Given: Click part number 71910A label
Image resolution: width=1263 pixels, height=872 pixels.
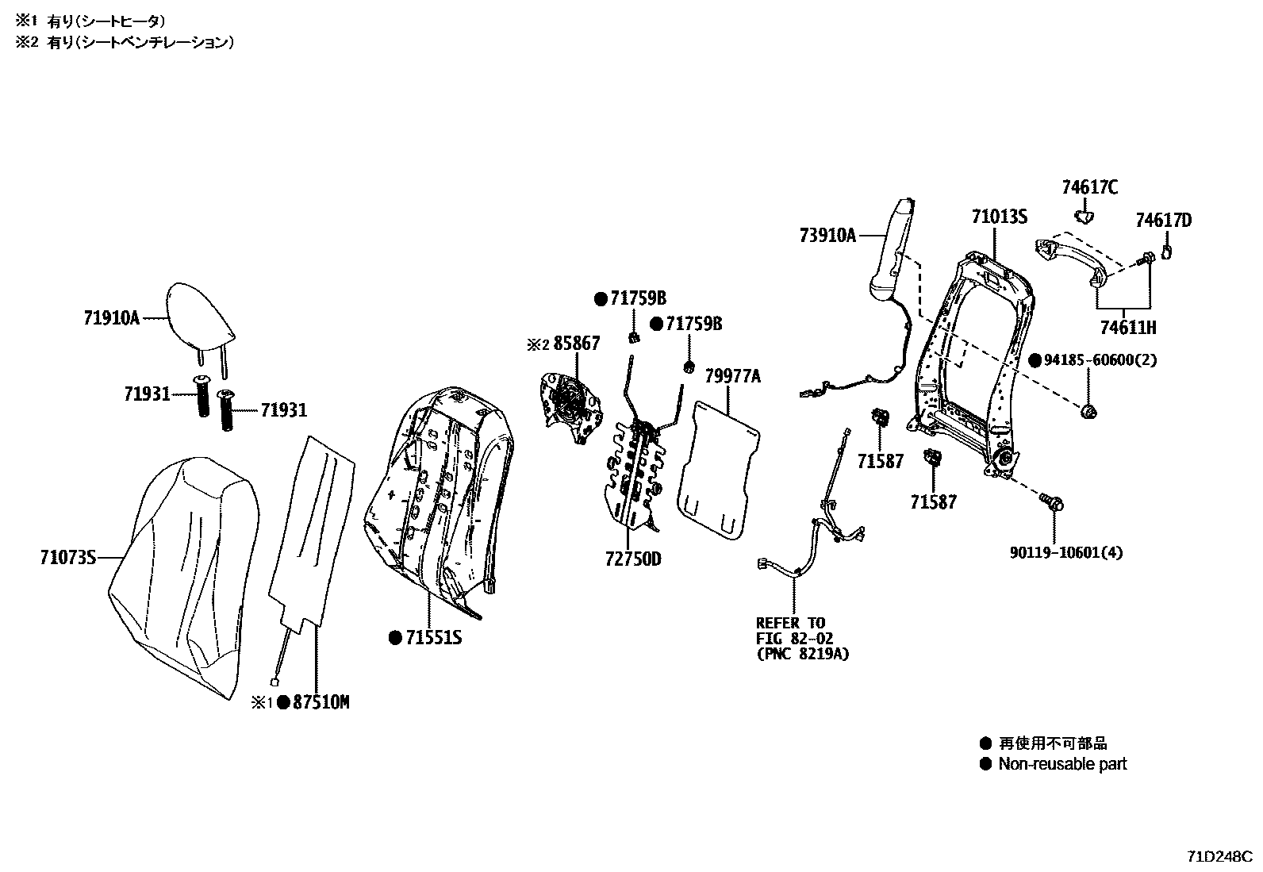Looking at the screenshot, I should pyautogui.click(x=111, y=318).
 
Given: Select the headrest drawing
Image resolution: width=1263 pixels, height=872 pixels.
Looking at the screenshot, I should pyautogui.click(x=201, y=316).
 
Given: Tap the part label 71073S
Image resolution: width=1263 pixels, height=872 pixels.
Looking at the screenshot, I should pyautogui.click(x=67, y=558).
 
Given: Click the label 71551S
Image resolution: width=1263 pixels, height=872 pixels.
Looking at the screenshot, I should pyautogui.click(x=433, y=637).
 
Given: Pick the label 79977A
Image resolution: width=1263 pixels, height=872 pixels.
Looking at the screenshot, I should pyautogui.click(x=732, y=376).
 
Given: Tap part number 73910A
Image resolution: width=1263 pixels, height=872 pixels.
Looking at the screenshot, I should pyautogui.click(x=827, y=235).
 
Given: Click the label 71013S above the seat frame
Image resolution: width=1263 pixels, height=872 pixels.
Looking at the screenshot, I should pyautogui.click(x=999, y=217).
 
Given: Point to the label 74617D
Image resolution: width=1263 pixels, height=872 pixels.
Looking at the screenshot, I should pyautogui.click(x=1163, y=220).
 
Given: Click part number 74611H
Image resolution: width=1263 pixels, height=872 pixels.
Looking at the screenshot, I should pyautogui.click(x=1127, y=327).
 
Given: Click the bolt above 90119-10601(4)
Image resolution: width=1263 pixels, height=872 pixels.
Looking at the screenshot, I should pyautogui.click(x=1053, y=501).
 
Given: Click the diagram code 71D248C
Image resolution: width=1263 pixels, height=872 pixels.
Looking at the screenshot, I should pyautogui.click(x=1219, y=857).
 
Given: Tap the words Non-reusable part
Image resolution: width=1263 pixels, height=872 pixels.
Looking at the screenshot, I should pyautogui.click(x=1062, y=764).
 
